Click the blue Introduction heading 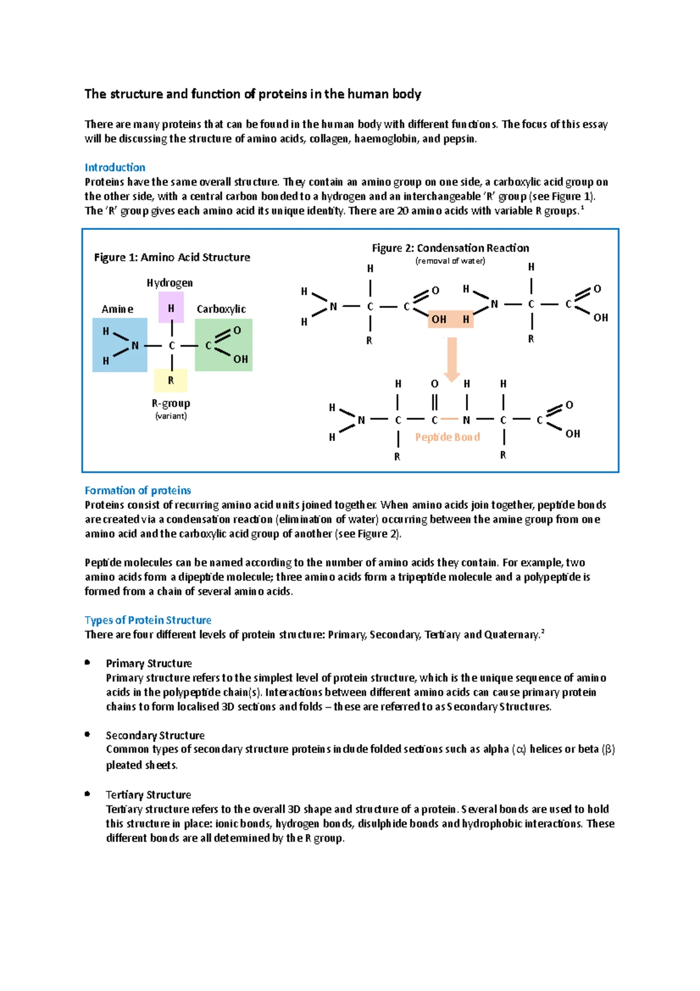(x=115, y=168)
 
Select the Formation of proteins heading (x=138, y=490)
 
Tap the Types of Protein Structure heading (x=148, y=620)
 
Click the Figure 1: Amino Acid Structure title (x=172, y=257)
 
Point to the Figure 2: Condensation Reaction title (x=450, y=248)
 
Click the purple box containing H (x=171, y=308)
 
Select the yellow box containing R (x=171, y=381)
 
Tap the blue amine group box (x=120, y=345)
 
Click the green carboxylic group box (x=223, y=345)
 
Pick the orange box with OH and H (x=450, y=319)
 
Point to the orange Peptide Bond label (x=447, y=437)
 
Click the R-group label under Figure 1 (x=171, y=403)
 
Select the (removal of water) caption (x=450, y=261)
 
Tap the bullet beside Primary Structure (x=87, y=662)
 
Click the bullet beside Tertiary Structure (x=87, y=794)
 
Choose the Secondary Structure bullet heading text (x=155, y=735)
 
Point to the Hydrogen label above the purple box (x=170, y=283)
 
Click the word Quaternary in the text (x=512, y=634)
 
